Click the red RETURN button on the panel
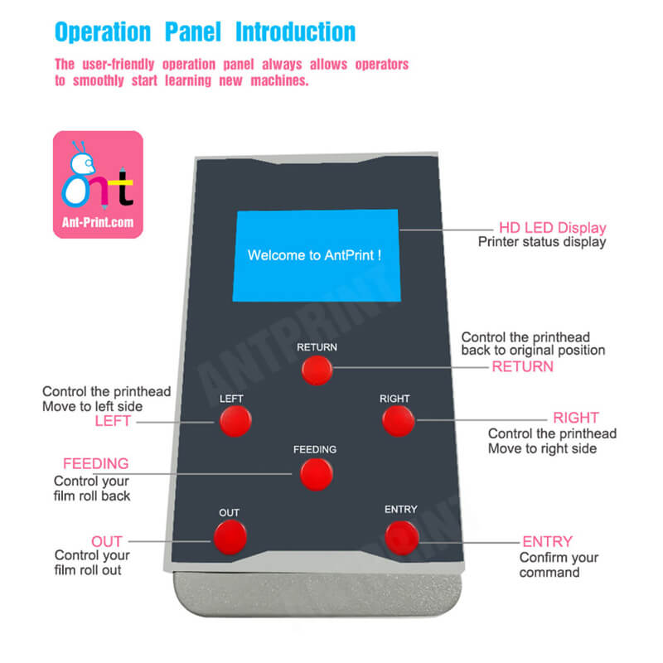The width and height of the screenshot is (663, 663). pyautogui.click(x=317, y=370)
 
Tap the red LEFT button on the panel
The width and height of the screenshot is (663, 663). pyautogui.click(x=234, y=422)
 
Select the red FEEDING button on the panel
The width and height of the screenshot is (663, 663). pyautogui.click(x=317, y=473)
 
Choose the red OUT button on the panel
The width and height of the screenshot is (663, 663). pyautogui.click(x=230, y=538)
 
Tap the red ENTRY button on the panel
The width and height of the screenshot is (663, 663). pyautogui.click(x=401, y=538)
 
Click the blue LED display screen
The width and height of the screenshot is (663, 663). pyautogui.click(x=316, y=255)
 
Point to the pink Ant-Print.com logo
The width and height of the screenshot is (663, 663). pyautogui.click(x=98, y=185)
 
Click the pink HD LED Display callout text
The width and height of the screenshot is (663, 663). pyautogui.click(x=552, y=228)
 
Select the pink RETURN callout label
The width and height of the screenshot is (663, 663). pyautogui.click(x=522, y=366)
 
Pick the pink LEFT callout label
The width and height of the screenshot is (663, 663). pyautogui.click(x=113, y=422)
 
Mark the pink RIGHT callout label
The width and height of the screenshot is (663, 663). pyautogui.click(x=575, y=419)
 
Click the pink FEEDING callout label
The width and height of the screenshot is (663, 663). pyautogui.click(x=96, y=463)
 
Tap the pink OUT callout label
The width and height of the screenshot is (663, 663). pyautogui.click(x=107, y=541)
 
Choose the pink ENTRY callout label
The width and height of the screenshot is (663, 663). pyautogui.click(x=547, y=542)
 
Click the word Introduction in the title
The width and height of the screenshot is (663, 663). pyautogui.click(x=296, y=32)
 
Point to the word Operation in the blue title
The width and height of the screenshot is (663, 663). pyautogui.click(x=103, y=33)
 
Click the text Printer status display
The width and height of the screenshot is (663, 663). pyautogui.click(x=541, y=242)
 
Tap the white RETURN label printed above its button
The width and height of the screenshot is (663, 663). pyautogui.click(x=317, y=347)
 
